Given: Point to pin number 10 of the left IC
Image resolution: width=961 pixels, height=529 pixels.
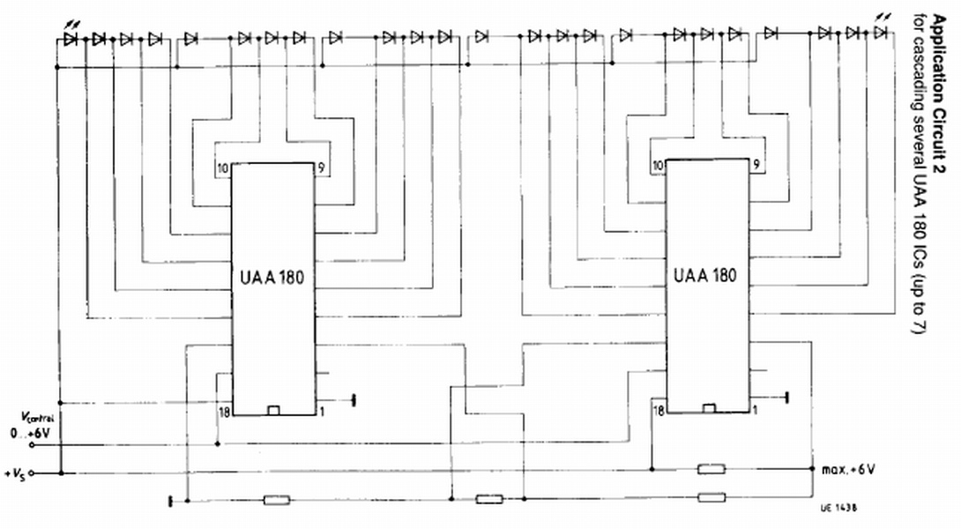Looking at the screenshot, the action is tap(222, 168).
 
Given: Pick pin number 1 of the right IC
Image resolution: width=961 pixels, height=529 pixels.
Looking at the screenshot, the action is tap(756, 410).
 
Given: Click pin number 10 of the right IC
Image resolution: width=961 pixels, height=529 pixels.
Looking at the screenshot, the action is tap(658, 165).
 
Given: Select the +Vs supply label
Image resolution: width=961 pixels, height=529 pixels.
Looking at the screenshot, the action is tap(15, 474).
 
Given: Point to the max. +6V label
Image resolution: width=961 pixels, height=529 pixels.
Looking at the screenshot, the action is tap(847, 468).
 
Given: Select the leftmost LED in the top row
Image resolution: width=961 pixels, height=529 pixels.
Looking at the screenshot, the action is tap(71, 39).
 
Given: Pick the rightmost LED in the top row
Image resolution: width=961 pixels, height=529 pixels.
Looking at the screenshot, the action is tap(879, 33).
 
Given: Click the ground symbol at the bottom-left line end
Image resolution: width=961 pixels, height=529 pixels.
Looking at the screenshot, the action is tap(168, 501).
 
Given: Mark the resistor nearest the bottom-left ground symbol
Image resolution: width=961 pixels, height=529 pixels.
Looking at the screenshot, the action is tap(277, 500).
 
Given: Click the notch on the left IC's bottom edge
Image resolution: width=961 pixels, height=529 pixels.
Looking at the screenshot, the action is tap(273, 410).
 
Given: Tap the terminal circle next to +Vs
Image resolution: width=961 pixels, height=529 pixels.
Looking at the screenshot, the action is tap(32, 473).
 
